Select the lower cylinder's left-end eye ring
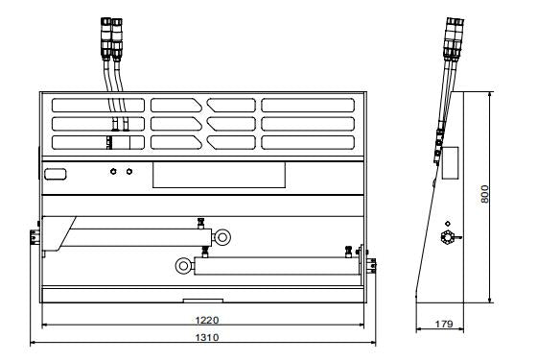(x=182, y=263)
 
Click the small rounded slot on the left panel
(x=55, y=174)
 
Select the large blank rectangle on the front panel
(x=220, y=173)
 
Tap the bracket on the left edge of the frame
(x=35, y=236)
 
